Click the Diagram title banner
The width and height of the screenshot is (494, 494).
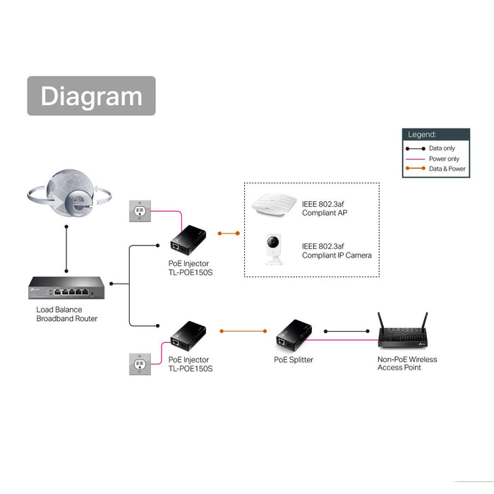tap(91, 96)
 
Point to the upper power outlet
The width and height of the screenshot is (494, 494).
tap(138, 211)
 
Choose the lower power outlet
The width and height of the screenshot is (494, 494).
tap(138, 363)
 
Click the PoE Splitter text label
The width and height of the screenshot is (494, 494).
tap(294, 360)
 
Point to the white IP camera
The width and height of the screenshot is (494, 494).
tap(274, 249)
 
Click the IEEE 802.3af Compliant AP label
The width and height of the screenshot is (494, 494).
tap(325, 208)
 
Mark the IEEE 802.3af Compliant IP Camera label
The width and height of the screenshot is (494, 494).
tap(337, 251)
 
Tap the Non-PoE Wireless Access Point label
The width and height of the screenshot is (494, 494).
tap(407, 363)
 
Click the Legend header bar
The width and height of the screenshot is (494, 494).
tap(435, 134)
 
